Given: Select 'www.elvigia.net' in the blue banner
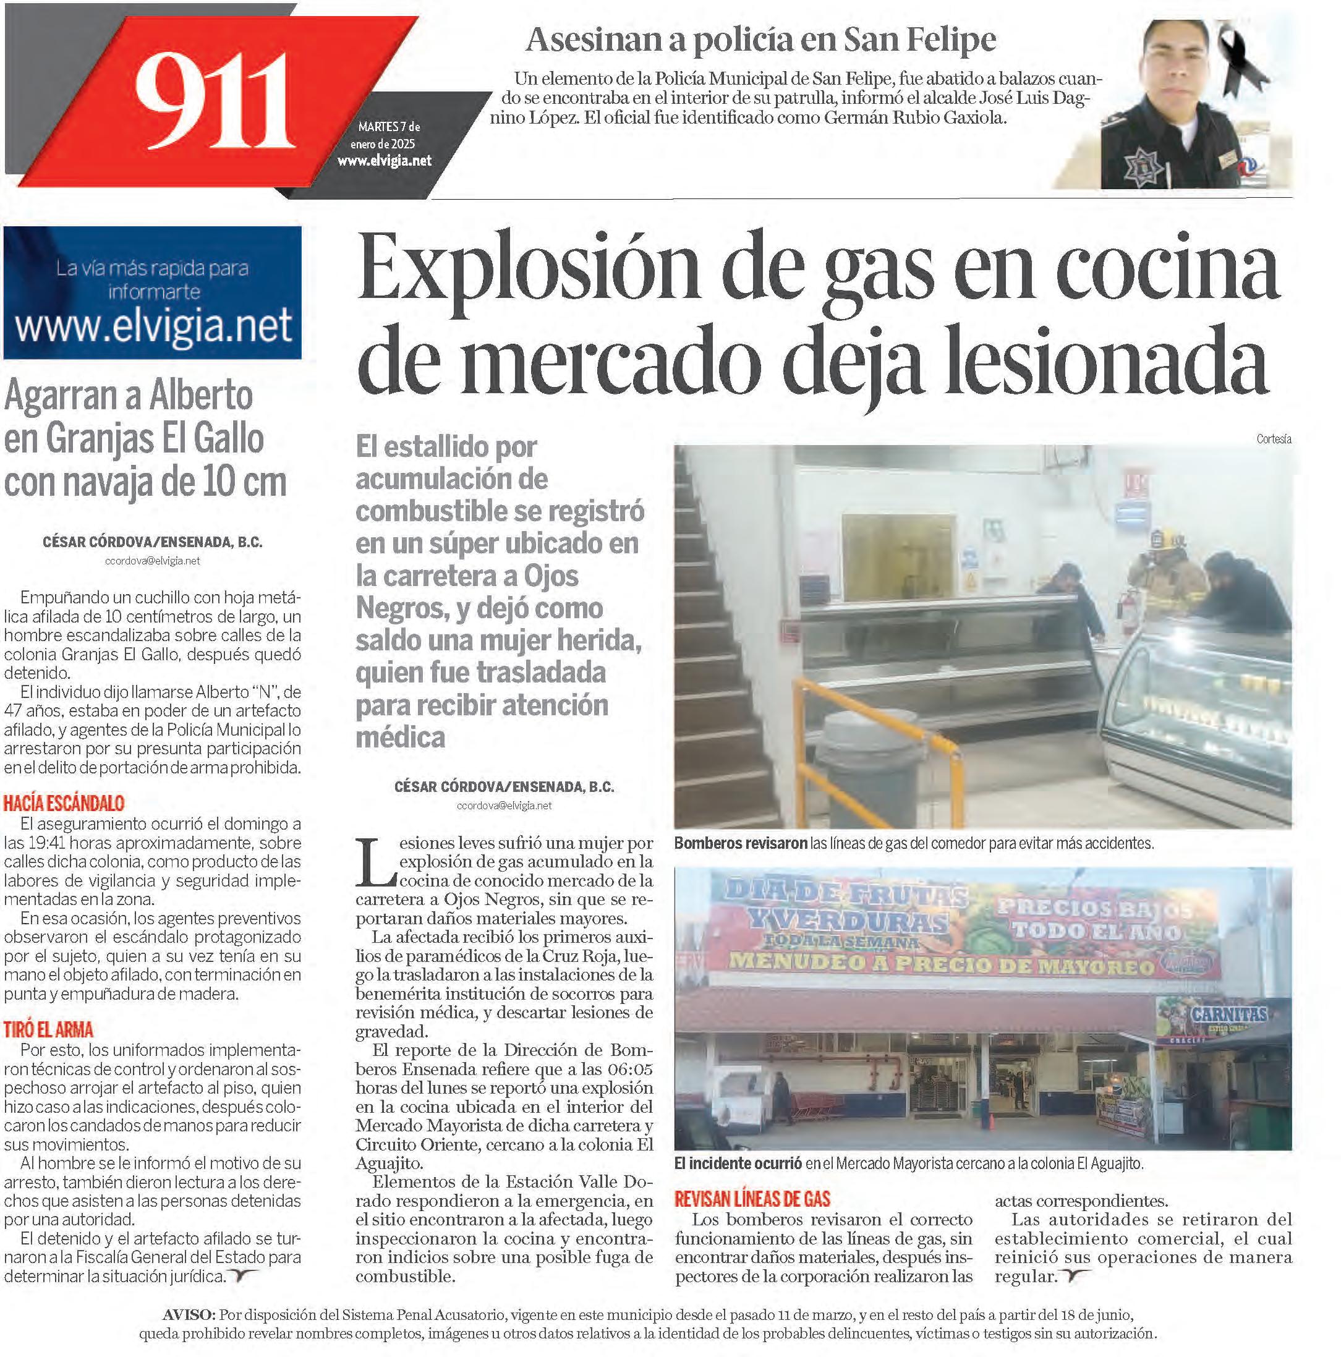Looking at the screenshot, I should [153, 326].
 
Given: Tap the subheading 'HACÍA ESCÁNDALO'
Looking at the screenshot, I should [64, 803].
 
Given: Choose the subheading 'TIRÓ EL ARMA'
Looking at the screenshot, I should [48, 1030].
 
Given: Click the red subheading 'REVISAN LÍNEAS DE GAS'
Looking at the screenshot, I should [752, 1198].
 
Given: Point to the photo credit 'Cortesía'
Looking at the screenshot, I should [1274, 439].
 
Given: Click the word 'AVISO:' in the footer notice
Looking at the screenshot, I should [189, 1314].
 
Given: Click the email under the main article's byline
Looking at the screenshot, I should [504, 806].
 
